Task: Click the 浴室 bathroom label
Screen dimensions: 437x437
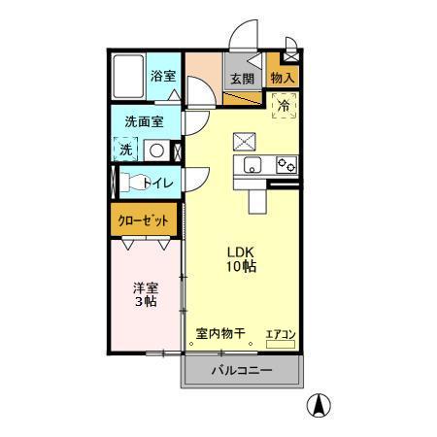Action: [x=163, y=75]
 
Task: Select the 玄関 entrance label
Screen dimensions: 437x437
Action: [x=242, y=79]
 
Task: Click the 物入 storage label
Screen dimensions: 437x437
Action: [x=283, y=77]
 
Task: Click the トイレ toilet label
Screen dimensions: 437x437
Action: [x=157, y=183]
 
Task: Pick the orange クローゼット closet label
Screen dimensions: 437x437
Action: [x=143, y=220]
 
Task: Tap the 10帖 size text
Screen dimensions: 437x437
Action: [x=242, y=266]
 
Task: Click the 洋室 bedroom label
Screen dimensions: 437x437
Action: [x=145, y=287]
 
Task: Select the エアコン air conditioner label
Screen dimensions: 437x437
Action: [x=281, y=334]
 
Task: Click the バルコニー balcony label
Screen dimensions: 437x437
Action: [x=242, y=370]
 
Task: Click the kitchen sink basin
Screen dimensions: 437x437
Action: [x=253, y=164]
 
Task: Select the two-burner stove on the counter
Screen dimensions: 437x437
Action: [x=286, y=164]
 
